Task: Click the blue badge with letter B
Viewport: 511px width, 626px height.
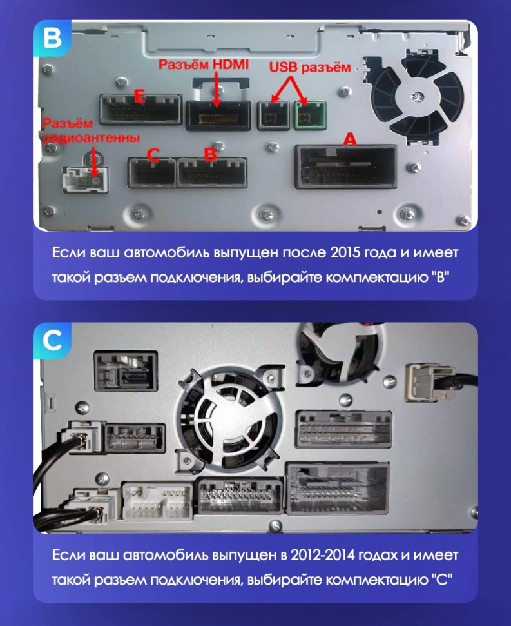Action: pos(50,38)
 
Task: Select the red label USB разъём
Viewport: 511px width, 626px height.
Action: pos(309,67)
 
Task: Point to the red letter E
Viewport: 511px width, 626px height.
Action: pos(138,97)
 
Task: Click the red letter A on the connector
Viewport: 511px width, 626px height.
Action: pos(349,139)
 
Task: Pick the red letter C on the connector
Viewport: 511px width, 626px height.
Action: pos(153,155)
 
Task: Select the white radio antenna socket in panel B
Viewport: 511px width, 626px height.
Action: pos(84,179)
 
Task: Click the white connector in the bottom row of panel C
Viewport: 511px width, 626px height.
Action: pos(157,503)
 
